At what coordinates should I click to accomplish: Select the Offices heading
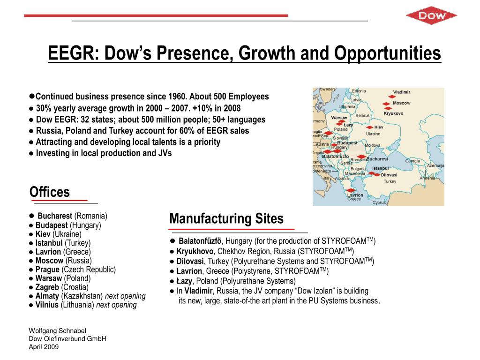coord(49,192)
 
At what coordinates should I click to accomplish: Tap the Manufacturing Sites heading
coord(226,219)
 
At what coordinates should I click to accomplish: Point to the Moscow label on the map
coord(401,103)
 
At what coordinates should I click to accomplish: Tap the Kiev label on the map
coord(379,127)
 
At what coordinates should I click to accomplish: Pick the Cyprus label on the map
coord(379,202)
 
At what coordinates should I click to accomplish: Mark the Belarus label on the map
coord(363,115)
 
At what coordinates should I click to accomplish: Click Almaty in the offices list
coord(47,296)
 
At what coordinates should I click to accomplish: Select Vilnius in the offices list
coord(47,305)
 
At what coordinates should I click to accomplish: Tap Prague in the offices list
coord(47,270)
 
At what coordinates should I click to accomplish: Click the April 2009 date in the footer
coord(44,347)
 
